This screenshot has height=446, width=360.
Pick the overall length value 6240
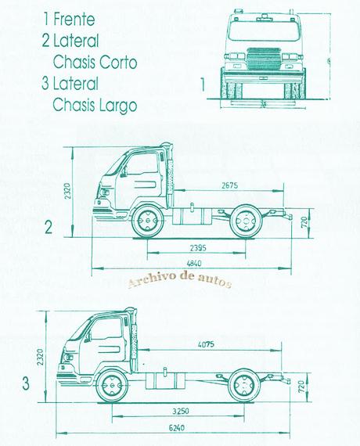pos(180,429)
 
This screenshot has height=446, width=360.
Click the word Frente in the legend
pos(80,16)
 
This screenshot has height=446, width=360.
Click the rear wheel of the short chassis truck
pos(247,221)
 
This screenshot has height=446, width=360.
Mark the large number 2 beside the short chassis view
pos(49,228)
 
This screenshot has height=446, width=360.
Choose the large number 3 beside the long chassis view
pos(26,383)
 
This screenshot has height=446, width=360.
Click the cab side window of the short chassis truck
pos(142,166)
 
